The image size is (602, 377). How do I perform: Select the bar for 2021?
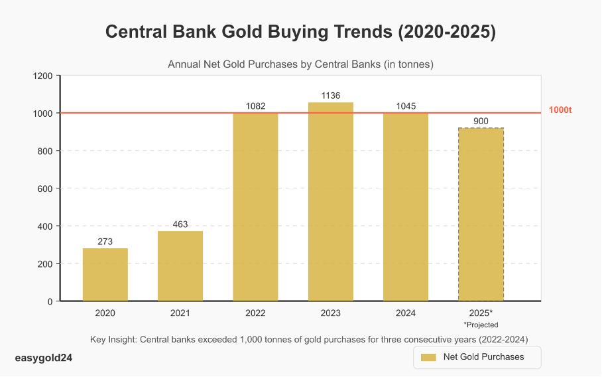click(180, 265)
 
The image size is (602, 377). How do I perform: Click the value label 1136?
click(331, 96)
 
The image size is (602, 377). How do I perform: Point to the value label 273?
click(105, 242)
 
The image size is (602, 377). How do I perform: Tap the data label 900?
click(481, 121)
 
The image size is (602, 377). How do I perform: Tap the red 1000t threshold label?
click(560, 110)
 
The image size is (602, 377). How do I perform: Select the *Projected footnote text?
click(481, 325)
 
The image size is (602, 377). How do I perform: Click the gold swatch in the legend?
click(428, 357)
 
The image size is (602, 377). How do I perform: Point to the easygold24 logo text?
click(43, 358)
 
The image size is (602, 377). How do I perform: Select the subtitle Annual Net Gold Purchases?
click(300, 64)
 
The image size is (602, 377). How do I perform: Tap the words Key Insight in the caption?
click(113, 340)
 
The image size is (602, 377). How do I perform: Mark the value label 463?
click(180, 224)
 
